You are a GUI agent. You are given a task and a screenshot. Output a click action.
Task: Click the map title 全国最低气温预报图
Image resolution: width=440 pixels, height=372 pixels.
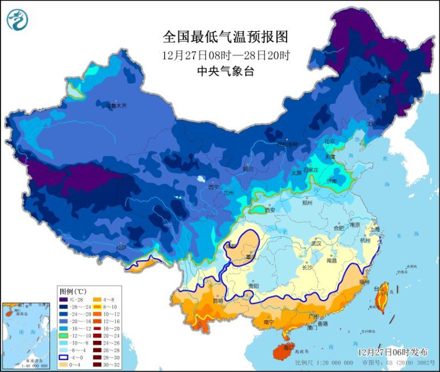click(225, 37)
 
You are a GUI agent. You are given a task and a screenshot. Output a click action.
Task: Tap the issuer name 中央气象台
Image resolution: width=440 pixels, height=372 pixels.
click(225, 71)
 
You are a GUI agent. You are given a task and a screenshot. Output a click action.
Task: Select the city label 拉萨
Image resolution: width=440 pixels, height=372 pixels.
click(121, 248)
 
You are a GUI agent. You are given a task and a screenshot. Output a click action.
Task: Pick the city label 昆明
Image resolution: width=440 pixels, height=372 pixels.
click(217, 300)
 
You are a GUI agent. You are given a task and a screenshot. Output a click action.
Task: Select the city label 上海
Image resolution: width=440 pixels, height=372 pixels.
click(374, 229)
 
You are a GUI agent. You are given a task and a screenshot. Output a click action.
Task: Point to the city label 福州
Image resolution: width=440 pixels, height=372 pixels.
click(364, 282)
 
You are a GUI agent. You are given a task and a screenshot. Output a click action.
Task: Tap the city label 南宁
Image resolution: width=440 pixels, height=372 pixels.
click(269, 322)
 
